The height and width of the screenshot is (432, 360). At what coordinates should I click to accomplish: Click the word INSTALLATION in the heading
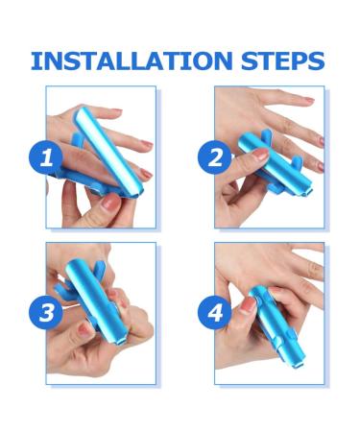pos(132,60)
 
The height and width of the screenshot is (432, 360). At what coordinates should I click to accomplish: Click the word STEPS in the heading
pos(283,60)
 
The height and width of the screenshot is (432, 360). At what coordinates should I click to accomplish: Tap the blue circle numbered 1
pos(46,157)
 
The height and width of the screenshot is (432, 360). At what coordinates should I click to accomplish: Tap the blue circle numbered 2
pos(215,157)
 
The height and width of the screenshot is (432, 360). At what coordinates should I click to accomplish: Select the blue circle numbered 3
pos(46,313)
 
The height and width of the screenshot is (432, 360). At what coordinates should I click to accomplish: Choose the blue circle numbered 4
pos(215,313)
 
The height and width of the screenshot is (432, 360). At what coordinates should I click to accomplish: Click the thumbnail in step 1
pos(110,202)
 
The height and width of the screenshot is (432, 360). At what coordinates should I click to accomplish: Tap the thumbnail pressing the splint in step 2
pos(260,155)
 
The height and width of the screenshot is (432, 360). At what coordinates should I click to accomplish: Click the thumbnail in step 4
pos(248,305)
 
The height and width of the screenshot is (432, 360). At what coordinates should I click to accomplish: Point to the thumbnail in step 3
pos(84,329)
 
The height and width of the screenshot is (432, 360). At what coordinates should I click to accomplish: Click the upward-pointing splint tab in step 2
pos(266,135)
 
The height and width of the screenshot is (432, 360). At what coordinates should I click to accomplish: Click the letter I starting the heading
pos(35,60)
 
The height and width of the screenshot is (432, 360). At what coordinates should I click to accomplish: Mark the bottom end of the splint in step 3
pos(117,341)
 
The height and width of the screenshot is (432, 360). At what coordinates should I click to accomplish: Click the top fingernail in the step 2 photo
pos(309,100)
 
